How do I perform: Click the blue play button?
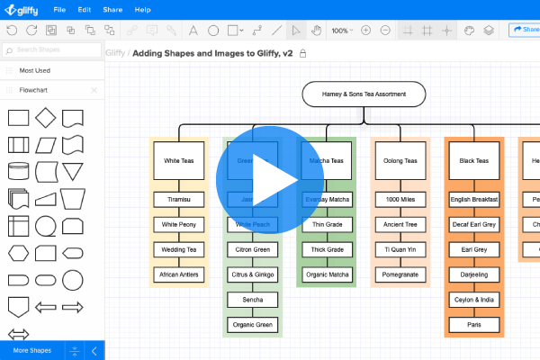pyautogui.click(x=270, y=180)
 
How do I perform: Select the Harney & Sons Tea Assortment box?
pyautogui.click(x=364, y=94)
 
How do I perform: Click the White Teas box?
pyautogui.click(x=178, y=161)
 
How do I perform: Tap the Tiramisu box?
pyautogui.click(x=178, y=199)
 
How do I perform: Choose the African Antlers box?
pyautogui.click(x=178, y=274)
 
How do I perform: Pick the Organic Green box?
pyautogui.click(x=252, y=324)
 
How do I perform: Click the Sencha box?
pyautogui.click(x=252, y=299)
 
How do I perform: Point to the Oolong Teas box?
pyautogui.click(x=400, y=161)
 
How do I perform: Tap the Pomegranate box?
pyautogui.click(x=400, y=274)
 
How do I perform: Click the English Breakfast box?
pyautogui.click(x=474, y=199)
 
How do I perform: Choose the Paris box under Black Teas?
pyautogui.click(x=474, y=324)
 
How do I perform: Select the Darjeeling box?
pyautogui.click(x=474, y=274)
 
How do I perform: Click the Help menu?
pyautogui.click(x=142, y=9)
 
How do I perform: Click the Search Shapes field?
pyautogui.click(x=54, y=49)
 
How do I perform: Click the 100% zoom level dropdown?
pyautogui.click(x=342, y=30)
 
